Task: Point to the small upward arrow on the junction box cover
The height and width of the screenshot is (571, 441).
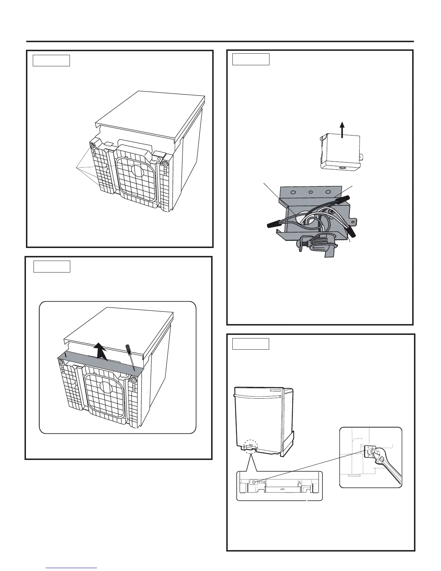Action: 343,129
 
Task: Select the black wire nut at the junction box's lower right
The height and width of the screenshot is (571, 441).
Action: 352,232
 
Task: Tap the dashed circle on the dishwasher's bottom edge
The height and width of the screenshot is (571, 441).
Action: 251,447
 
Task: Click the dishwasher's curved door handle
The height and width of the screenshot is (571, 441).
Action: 258,396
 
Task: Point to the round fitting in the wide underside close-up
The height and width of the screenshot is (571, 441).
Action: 255,482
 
